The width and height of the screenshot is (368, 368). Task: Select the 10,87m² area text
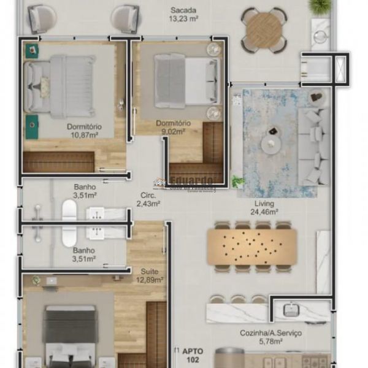click(x=85, y=136)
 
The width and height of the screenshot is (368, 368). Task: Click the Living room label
click(x=264, y=204)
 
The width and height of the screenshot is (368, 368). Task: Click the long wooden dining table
click(x=251, y=247)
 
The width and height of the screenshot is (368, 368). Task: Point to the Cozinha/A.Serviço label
click(x=270, y=334)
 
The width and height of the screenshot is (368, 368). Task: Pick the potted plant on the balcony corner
click(x=320, y=6)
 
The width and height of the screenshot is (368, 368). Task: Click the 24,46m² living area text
click(x=264, y=212)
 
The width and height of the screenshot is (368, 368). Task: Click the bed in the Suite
click(x=69, y=337)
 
